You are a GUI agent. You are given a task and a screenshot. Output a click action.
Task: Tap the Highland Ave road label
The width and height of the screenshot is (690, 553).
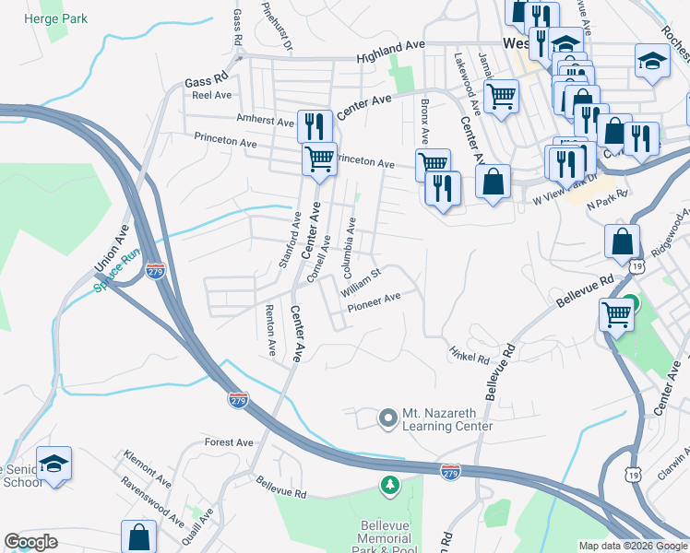tap(391, 46)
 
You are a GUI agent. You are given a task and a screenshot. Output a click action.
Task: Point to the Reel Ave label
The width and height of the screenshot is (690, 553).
tap(211, 95)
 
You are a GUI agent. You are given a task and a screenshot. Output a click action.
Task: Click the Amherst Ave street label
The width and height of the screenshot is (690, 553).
tap(265, 120)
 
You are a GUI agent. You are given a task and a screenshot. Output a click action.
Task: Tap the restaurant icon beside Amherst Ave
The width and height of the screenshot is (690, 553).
tap(315, 124)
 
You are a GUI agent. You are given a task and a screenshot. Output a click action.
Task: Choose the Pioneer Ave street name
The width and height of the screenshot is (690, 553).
tap(373, 298)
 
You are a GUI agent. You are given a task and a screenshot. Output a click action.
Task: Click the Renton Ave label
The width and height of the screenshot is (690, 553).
tap(270, 330)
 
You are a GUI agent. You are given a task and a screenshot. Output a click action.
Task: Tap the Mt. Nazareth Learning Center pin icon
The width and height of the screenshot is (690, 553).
tap(388, 418)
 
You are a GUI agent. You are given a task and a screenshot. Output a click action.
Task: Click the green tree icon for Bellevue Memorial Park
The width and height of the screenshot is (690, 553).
tap(390, 484)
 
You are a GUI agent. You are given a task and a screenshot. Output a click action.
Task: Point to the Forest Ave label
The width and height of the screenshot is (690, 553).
tap(230, 442)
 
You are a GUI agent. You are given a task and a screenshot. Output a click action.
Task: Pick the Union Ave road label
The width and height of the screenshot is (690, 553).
tap(107, 252)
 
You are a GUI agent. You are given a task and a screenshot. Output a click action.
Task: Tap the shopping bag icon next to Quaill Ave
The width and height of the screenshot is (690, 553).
tap(138, 536)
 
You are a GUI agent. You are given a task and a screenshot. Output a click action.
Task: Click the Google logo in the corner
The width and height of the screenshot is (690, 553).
tap(31, 542)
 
